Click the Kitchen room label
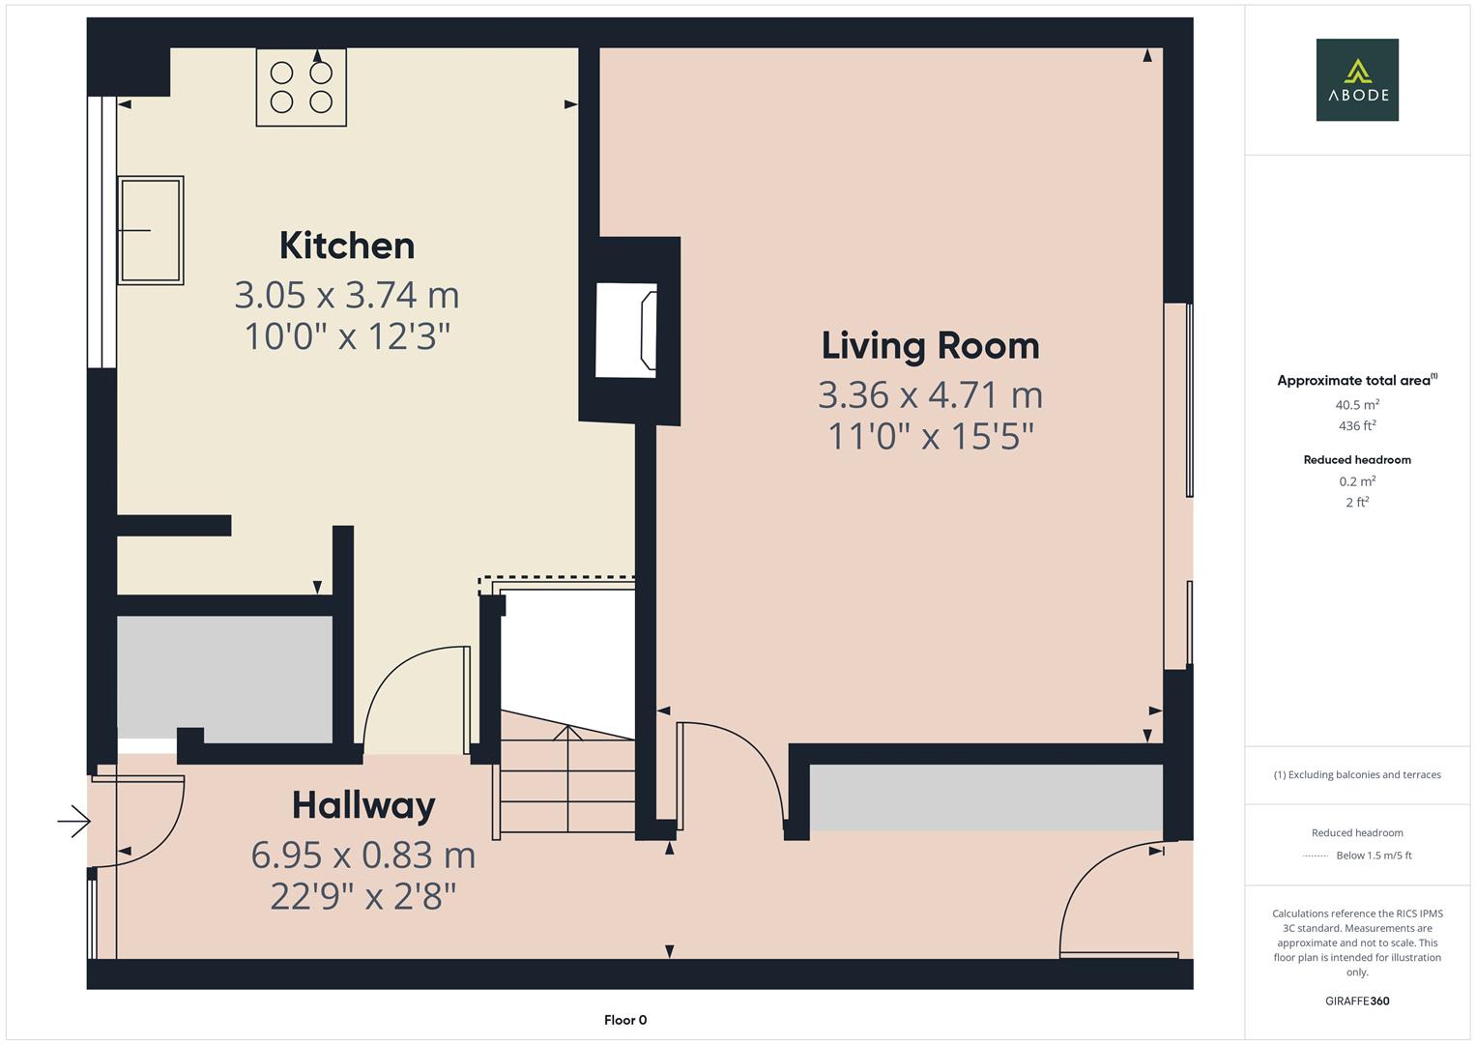(x=346, y=246)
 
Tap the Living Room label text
(x=930, y=346)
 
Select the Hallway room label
(x=363, y=805)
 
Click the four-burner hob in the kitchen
(x=301, y=87)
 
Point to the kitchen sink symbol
(x=151, y=230)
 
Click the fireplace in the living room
(x=626, y=330)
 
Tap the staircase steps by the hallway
(x=566, y=783)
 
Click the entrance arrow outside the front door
(x=73, y=823)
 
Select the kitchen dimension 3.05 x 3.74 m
(x=346, y=294)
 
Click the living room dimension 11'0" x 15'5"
(x=930, y=437)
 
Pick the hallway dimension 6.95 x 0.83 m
(x=363, y=855)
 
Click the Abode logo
(x=1356, y=79)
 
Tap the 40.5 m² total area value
(x=1356, y=405)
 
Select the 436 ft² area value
(x=1356, y=425)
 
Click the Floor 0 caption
(x=624, y=1020)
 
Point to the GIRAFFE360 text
(x=1356, y=1000)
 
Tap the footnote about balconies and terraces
(x=1356, y=774)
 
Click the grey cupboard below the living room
(x=985, y=797)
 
